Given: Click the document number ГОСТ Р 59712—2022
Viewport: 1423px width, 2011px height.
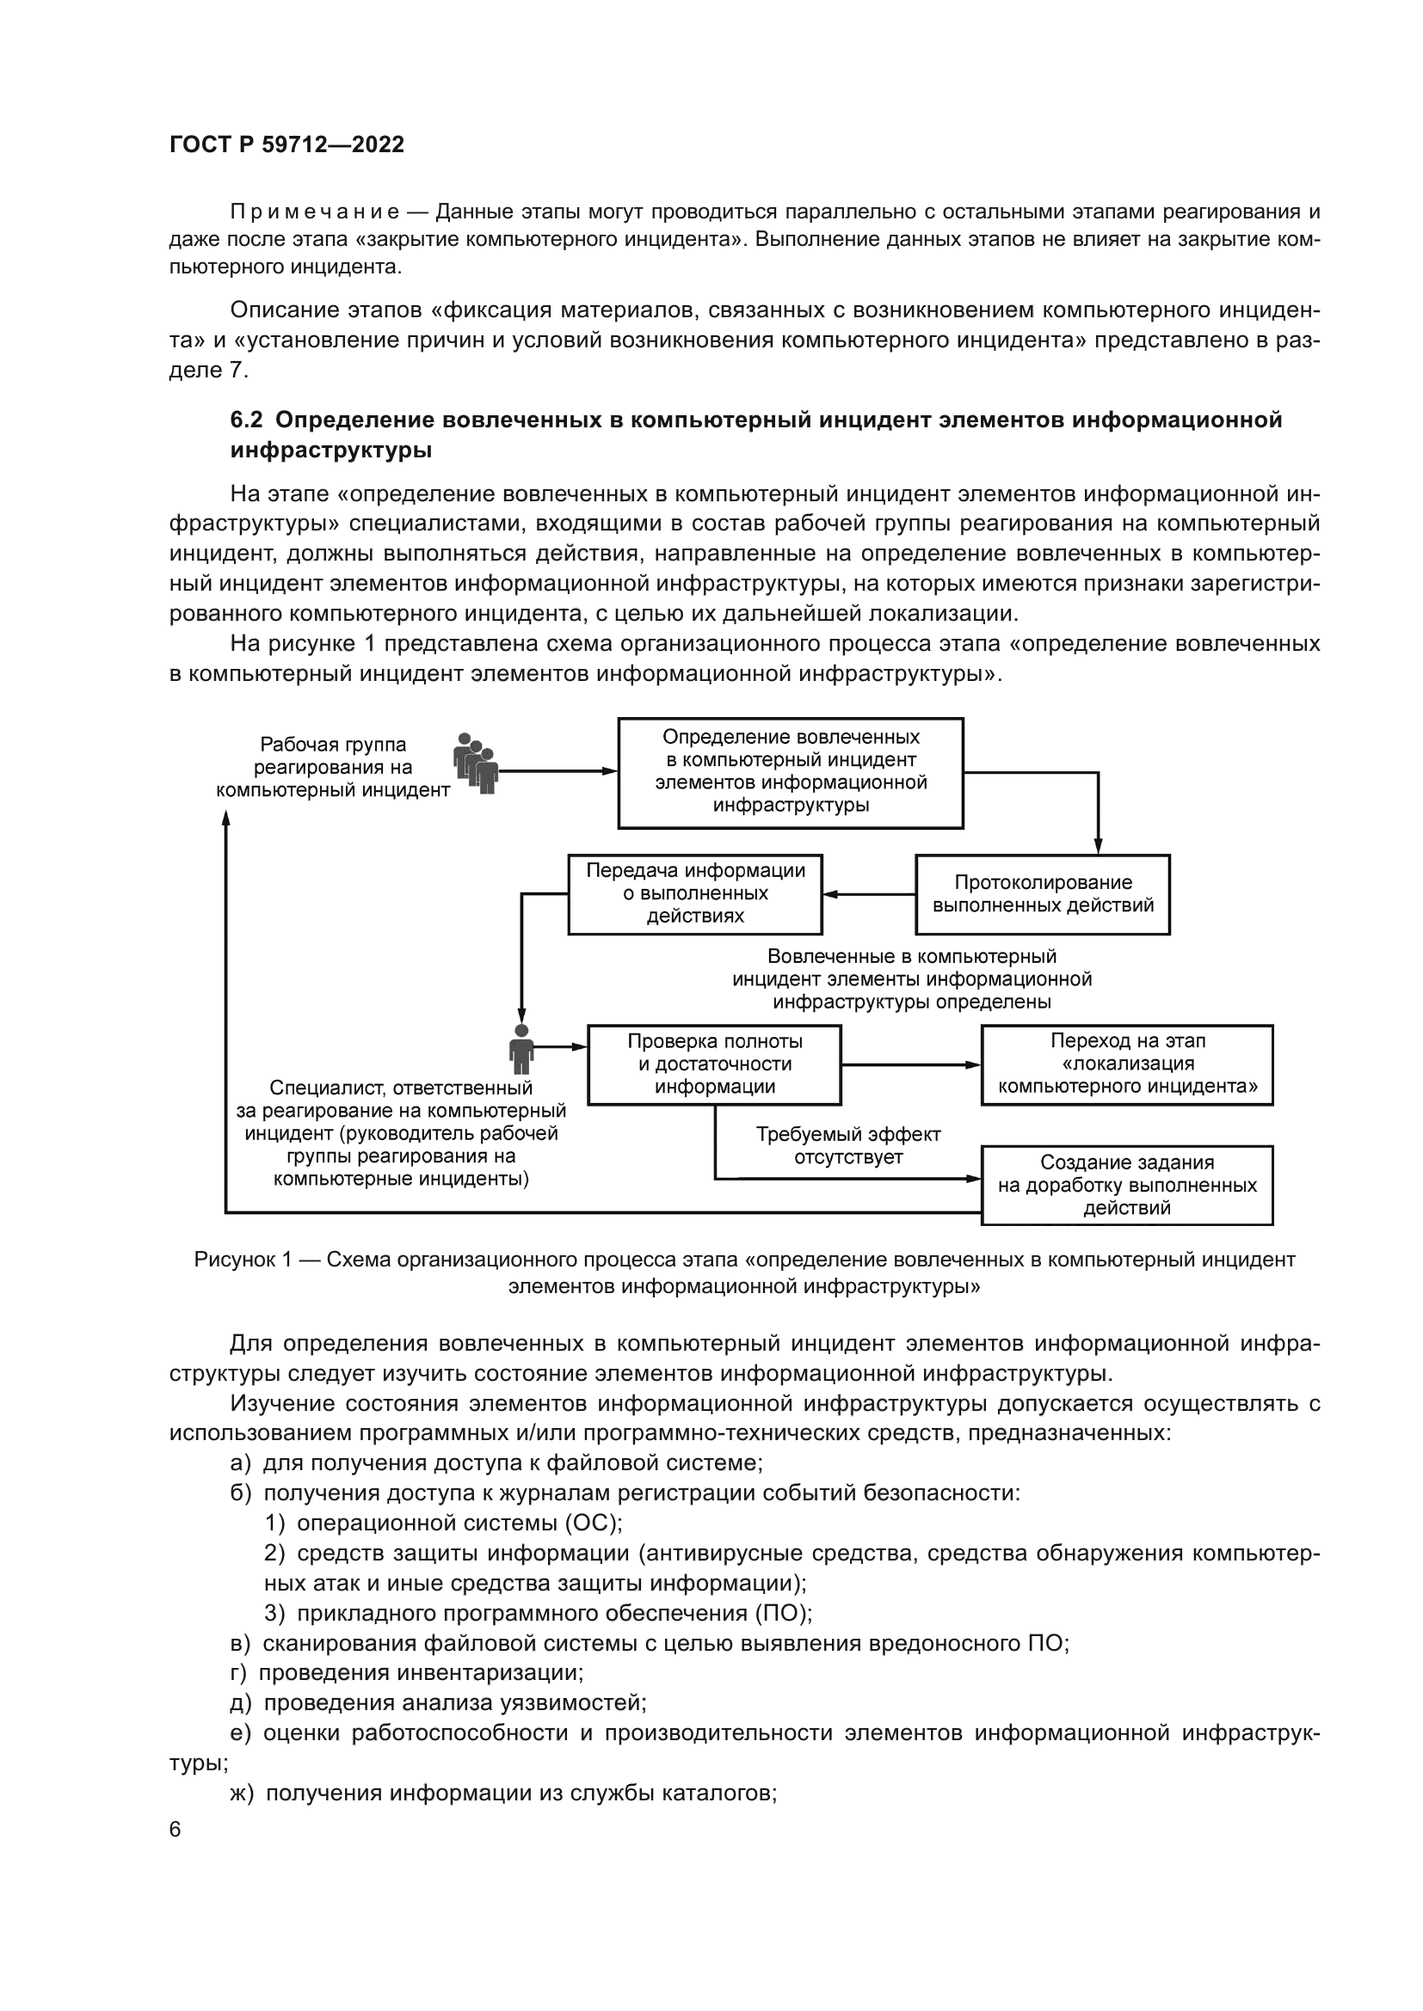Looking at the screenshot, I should click(286, 144).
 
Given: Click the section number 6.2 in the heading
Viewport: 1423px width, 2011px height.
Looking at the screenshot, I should click(246, 420).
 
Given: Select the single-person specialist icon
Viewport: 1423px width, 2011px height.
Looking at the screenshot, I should click(521, 1048).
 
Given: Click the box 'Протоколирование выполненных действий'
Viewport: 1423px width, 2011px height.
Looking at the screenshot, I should click(1042, 894).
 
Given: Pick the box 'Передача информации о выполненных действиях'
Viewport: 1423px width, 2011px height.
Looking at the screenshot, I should click(695, 894).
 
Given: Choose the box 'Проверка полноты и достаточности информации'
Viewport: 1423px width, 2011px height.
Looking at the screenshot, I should click(714, 1064).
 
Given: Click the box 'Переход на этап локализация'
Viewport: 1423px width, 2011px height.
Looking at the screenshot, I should click(1127, 1064).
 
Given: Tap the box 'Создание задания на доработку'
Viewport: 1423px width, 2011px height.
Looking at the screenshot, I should click(1127, 1185).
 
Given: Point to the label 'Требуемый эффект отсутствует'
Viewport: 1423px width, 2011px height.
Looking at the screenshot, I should click(847, 1145).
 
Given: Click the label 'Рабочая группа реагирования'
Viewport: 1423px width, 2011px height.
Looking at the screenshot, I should click(333, 767).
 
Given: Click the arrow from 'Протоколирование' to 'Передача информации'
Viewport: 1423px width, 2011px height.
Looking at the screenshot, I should click(868, 894).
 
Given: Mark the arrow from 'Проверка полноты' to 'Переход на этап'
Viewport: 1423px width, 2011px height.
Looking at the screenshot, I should click(910, 1065).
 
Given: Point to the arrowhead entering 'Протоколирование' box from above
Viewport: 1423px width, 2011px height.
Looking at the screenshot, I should click(1098, 845).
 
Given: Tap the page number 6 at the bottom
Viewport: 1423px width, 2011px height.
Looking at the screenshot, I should click(176, 1830).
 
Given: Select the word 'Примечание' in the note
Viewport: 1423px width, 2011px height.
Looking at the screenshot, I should click(315, 212).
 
